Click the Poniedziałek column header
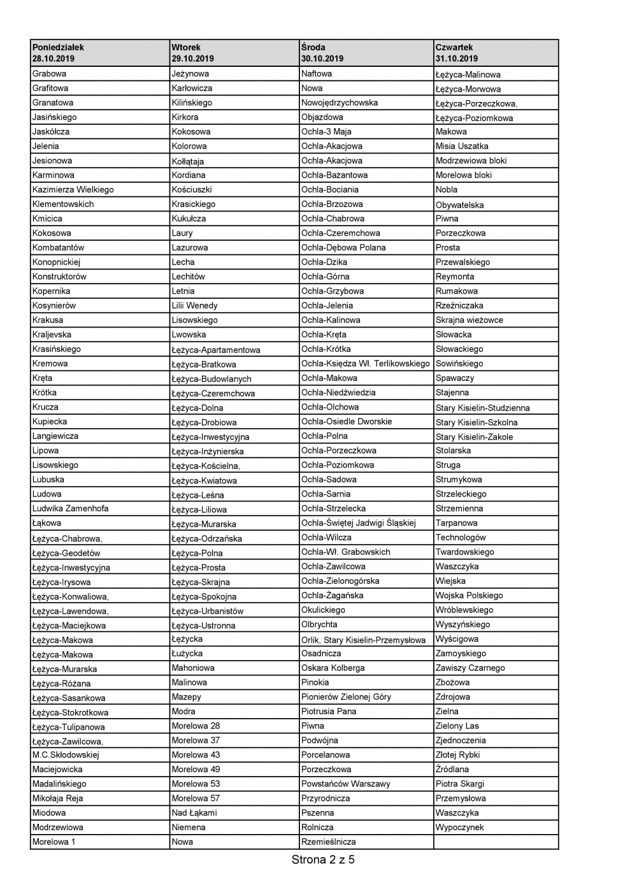click(59, 47)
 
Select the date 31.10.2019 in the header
click(457, 59)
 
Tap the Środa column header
click(313, 47)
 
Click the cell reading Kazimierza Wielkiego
click(73, 189)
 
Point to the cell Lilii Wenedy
click(195, 305)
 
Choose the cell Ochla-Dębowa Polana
click(343, 247)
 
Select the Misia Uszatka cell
click(462, 146)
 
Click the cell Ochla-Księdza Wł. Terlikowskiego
click(366, 363)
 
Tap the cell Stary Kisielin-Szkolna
click(476, 422)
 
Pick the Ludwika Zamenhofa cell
click(71, 508)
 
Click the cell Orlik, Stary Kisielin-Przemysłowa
click(363, 640)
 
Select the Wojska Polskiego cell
click(469, 595)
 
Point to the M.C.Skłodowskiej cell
click(66, 755)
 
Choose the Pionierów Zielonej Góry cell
click(346, 696)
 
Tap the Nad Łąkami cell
click(194, 812)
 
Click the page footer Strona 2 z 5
click(323, 860)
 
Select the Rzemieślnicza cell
click(329, 842)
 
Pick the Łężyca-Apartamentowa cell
click(216, 350)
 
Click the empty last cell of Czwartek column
click(496, 842)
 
